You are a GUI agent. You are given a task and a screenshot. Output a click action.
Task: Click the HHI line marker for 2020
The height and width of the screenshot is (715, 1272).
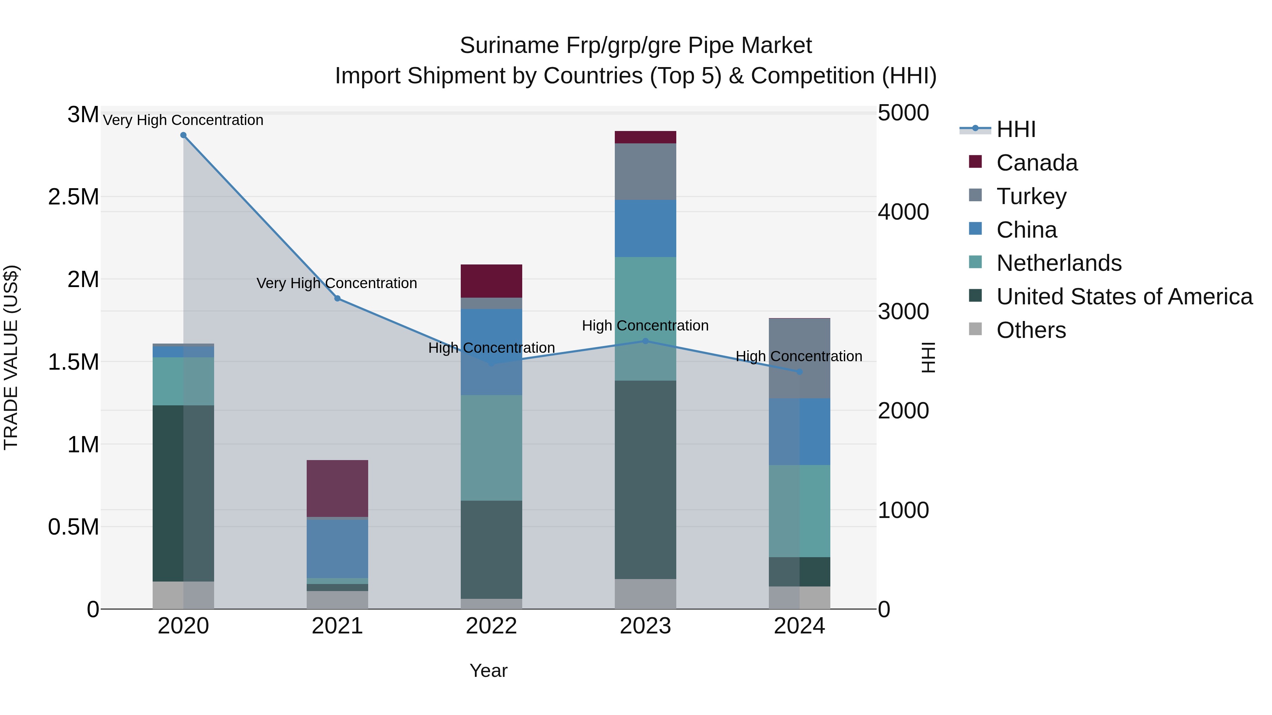coord(183,135)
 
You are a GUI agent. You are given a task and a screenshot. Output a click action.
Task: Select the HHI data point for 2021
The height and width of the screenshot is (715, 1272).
coord(337,298)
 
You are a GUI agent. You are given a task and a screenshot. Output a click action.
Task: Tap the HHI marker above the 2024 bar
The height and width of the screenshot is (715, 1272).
coord(800,371)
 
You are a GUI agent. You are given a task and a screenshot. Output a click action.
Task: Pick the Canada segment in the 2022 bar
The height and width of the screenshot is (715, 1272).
coord(491,281)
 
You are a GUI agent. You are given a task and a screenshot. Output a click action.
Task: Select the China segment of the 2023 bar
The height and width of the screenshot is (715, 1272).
coord(646,228)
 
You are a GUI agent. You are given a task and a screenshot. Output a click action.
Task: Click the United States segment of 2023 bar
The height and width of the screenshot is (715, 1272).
coord(646,479)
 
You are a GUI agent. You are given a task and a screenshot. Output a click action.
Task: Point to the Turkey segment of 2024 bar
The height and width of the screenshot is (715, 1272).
coord(800,359)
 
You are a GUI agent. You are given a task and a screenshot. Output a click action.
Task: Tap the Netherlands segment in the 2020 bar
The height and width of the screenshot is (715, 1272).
coord(183,381)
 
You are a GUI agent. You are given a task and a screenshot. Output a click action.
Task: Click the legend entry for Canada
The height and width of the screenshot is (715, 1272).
coord(1036,163)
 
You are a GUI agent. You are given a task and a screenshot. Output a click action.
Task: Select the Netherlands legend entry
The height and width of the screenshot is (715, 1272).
coord(1059,263)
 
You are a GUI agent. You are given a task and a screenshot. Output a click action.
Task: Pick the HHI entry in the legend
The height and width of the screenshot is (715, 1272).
coord(1016,129)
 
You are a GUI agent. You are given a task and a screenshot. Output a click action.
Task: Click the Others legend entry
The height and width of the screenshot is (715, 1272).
coord(1031,330)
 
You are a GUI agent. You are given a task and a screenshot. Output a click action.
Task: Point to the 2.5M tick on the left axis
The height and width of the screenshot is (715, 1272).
coord(73,197)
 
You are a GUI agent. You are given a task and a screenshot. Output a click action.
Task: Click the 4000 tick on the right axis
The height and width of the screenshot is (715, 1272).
coord(903,212)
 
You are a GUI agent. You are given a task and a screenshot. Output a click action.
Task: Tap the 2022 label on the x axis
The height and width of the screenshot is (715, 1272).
coord(491,626)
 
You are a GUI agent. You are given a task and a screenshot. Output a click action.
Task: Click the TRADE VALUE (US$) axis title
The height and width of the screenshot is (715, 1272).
coord(11,357)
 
